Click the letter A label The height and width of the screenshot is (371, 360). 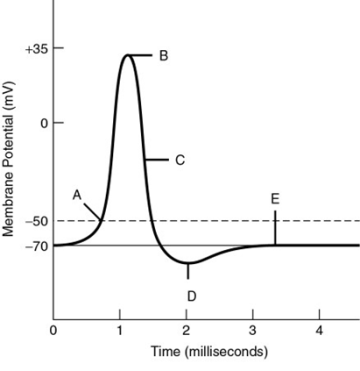[x=77, y=194]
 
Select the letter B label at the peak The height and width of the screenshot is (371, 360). [x=163, y=56]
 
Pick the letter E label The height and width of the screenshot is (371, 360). [x=275, y=198]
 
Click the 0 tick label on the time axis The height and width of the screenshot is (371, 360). [x=53, y=329]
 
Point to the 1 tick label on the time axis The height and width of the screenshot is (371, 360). [x=120, y=329]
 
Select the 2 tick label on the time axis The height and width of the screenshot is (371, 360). [x=187, y=329]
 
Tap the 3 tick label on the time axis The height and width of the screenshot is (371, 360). [x=253, y=329]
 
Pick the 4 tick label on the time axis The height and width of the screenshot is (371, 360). [x=320, y=329]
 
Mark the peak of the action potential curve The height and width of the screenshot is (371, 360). [x=127, y=55]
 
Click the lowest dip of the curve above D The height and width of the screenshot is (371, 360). [x=187, y=264]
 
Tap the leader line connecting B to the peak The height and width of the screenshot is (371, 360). [x=144, y=55]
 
